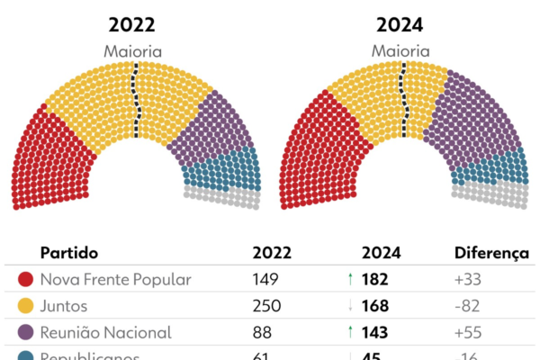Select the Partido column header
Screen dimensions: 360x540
pos(69,254)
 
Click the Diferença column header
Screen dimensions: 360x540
pos(490,254)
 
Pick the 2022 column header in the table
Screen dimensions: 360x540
pos(274,254)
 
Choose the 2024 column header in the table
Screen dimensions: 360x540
pos(381,254)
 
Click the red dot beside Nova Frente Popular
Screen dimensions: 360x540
pos(26,280)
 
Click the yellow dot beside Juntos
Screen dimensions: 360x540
pos(26,306)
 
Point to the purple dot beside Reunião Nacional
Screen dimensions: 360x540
pos(26,332)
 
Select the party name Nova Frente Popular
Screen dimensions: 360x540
pos(116,280)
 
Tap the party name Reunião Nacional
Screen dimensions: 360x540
pos(106,332)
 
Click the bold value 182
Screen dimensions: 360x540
pos(375,280)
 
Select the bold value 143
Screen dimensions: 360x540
pos(375,332)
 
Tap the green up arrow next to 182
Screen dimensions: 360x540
pos(349,280)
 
